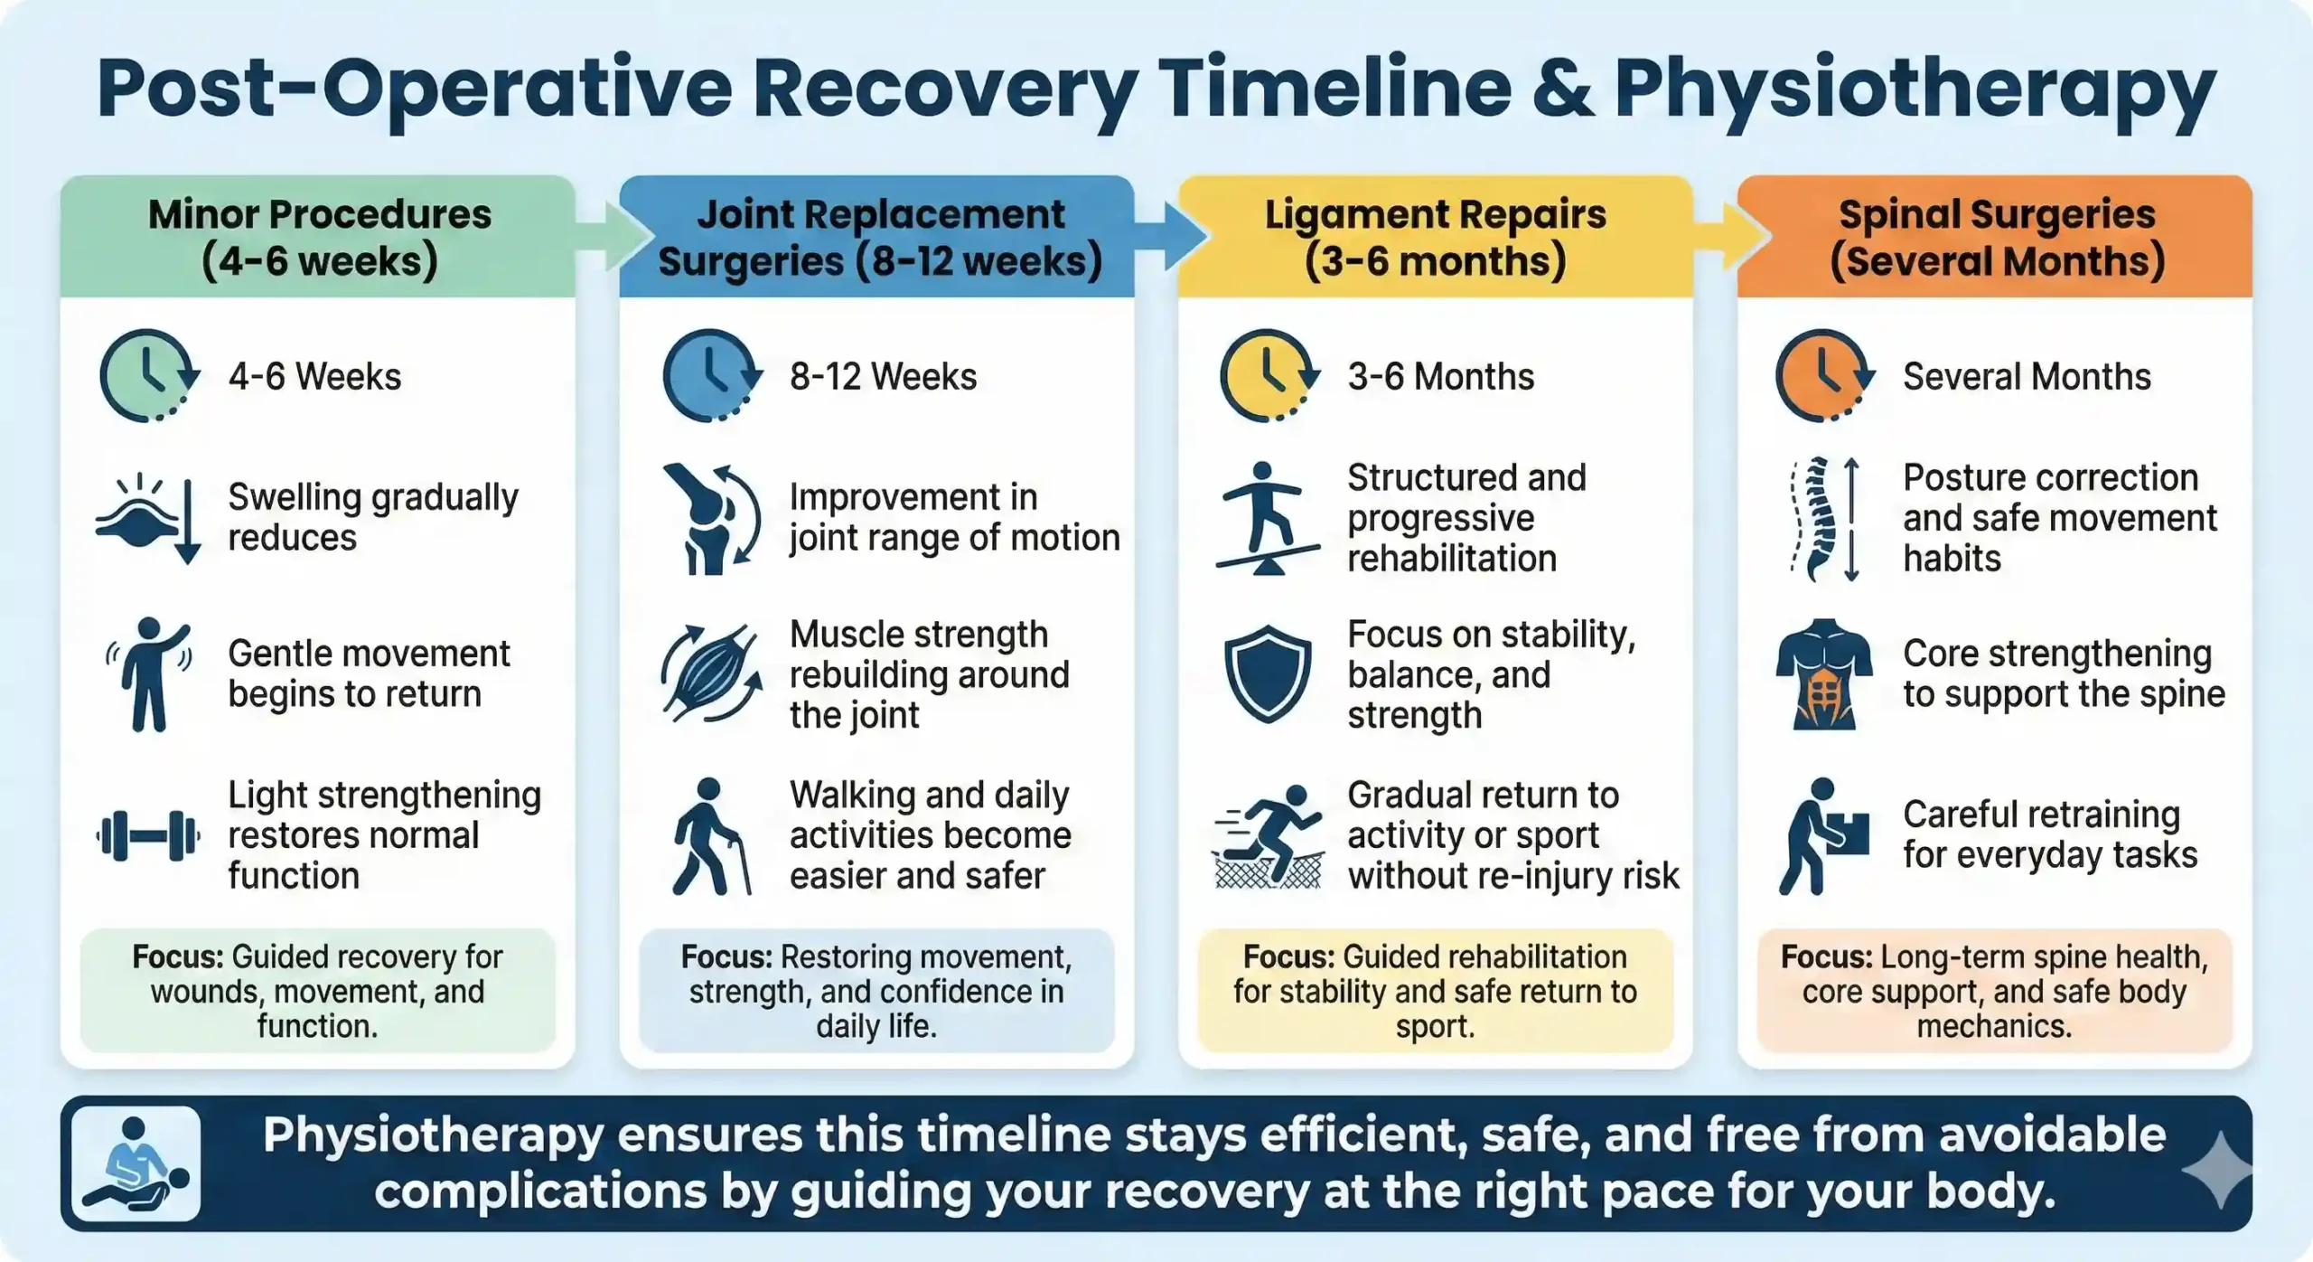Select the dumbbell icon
[x=148, y=835]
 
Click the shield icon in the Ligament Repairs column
[x=1268, y=674]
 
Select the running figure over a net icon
[x=1268, y=837]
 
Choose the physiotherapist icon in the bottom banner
[x=136, y=1164]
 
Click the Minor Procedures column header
[x=318, y=237]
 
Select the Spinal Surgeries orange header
[x=1995, y=237]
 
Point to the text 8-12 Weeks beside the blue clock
[x=883, y=377]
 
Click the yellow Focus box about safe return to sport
[x=1435, y=991]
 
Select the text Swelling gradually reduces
[x=372, y=517]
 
